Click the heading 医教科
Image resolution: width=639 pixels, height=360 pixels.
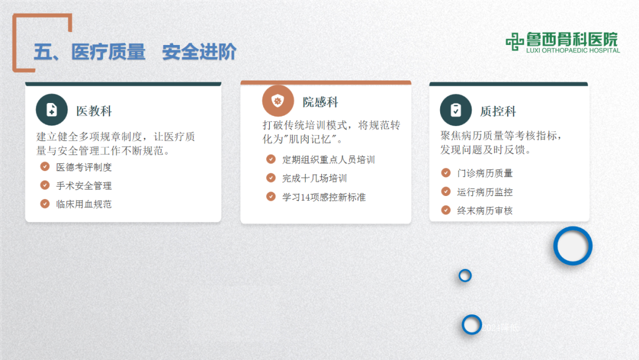[94, 111]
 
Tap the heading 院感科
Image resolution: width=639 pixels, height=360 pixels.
[321, 102]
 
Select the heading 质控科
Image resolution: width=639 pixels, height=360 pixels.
[498, 111]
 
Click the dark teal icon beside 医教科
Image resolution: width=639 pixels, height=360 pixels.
[52, 110]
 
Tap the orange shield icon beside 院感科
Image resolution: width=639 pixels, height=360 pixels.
[277, 101]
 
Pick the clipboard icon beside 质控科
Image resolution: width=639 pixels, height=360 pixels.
[456, 110]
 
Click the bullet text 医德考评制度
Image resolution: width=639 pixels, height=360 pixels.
[84, 168]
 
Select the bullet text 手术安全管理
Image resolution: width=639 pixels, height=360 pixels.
[84, 186]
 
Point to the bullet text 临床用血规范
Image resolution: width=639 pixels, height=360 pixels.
[84, 204]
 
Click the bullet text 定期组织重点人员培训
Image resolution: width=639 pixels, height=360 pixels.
[328, 160]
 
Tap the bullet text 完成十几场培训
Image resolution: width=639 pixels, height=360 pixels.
[314, 178]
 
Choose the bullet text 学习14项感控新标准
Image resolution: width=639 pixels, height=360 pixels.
[324, 197]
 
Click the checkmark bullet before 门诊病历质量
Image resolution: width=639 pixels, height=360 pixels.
[446, 173]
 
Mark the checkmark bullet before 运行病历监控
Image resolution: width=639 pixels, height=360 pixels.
[446, 192]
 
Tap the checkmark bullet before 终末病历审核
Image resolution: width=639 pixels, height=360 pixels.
[446, 210]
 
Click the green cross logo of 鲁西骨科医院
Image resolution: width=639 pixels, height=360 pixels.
[515, 41]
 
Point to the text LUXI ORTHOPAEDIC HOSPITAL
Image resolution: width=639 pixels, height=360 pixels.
[573, 51]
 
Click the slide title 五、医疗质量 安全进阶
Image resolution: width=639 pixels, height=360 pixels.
[135, 52]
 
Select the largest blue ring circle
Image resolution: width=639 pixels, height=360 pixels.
[573, 246]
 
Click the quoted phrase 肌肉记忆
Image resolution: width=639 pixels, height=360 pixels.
[312, 140]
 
